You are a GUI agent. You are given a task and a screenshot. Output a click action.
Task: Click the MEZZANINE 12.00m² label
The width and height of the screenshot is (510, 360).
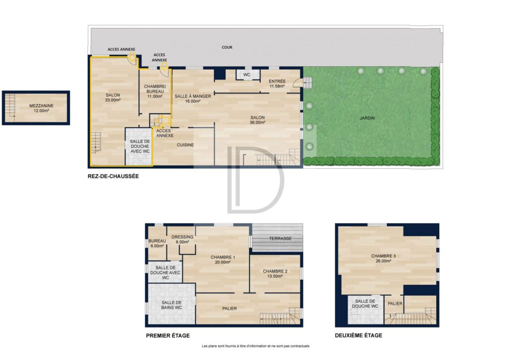tap(41, 108)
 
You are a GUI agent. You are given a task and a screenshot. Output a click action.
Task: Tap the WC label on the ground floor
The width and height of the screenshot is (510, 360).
tap(247, 75)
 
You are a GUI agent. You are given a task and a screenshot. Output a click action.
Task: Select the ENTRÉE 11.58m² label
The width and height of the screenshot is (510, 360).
tap(277, 84)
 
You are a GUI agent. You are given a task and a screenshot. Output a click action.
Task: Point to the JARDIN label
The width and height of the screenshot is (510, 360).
tap(367, 118)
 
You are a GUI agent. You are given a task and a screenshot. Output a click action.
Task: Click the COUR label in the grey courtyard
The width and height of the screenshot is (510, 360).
tap(227, 47)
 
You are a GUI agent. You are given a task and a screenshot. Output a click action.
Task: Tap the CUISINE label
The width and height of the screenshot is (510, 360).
tap(185, 145)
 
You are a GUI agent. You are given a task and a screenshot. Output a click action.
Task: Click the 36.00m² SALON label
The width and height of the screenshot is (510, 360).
tap(257, 120)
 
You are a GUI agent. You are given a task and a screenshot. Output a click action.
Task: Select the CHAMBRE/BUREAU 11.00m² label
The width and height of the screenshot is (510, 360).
tap(155, 92)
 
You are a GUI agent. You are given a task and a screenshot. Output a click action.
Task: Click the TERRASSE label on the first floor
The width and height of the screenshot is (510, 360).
tap(280, 239)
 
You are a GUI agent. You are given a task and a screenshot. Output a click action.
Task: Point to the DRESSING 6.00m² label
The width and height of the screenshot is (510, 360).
tap(182, 240)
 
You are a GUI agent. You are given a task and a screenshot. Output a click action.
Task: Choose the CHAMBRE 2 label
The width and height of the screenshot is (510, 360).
tap(275, 271)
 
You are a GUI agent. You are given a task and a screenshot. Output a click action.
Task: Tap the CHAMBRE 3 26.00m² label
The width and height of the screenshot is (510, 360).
tap(383, 258)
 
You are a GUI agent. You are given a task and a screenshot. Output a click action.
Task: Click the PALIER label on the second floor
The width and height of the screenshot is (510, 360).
tap(395, 303)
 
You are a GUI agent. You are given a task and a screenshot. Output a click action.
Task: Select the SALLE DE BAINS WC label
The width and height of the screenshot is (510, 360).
tap(172, 305)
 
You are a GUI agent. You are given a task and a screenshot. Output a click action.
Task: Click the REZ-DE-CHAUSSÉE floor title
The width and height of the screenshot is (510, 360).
tap(113, 176)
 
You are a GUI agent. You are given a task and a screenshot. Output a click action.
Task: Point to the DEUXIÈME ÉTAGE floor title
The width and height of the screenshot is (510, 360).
tap(359, 335)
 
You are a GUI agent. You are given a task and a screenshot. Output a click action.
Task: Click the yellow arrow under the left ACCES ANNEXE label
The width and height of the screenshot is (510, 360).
tap(131, 57)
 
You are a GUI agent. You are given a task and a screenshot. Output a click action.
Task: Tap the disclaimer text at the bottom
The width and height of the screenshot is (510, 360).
tap(255, 346)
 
